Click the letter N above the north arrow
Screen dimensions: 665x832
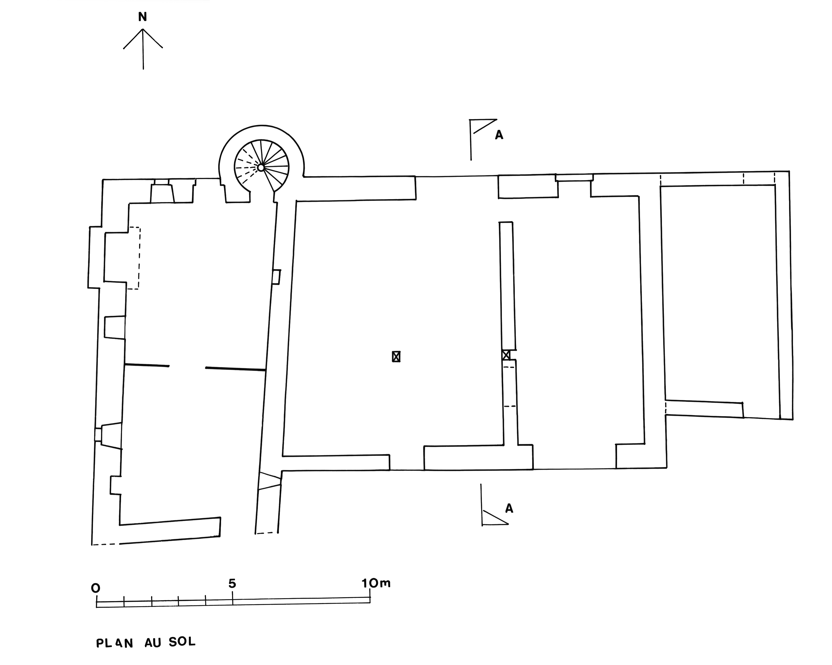click(x=142, y=17)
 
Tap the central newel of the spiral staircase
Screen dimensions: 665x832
click(x=261, y=167)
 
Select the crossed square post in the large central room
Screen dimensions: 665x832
click(x=396, y=356)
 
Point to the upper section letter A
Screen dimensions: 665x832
click(x=499, y=135)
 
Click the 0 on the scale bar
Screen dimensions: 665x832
click(x=95, y=588)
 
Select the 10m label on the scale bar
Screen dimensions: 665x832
click(x=376, y=583)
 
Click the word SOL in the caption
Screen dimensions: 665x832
click(x=182, y=642)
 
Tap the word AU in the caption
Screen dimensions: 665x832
click(x=153, y=643)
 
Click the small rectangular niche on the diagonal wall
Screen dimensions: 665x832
click(x=276, y=277)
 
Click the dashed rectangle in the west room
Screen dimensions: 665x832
click(x=133, y=258)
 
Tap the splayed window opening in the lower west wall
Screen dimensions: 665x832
click(x=110, y=435)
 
